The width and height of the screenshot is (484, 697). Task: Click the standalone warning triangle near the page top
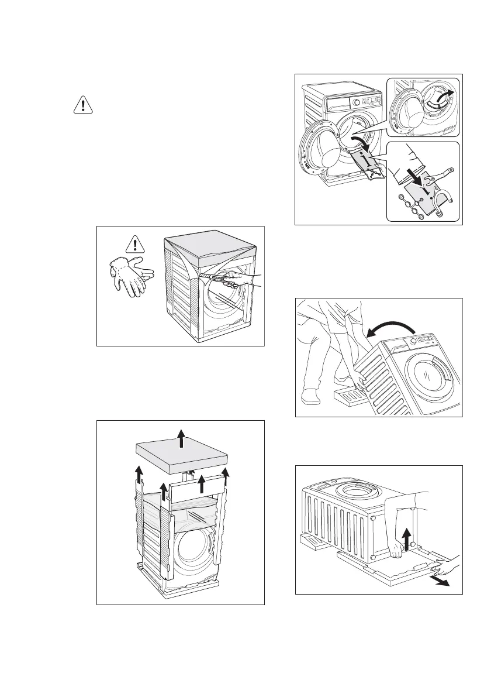[x=85, y=105]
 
